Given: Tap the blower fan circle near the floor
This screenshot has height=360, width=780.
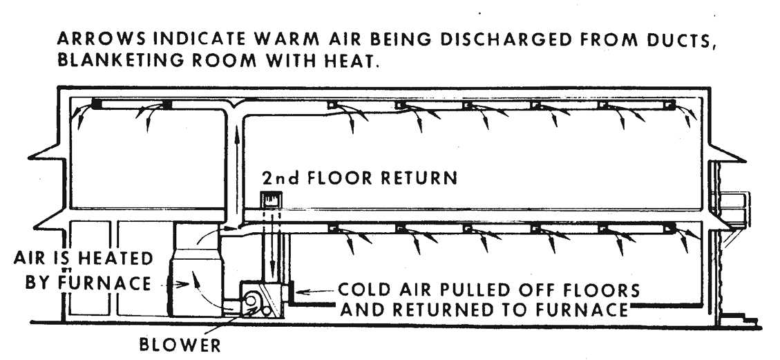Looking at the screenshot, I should [251, 302].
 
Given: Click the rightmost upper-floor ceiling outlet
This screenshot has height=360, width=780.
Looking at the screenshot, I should [668, 105].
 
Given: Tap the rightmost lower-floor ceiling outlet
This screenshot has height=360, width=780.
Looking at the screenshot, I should [668, 227].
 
